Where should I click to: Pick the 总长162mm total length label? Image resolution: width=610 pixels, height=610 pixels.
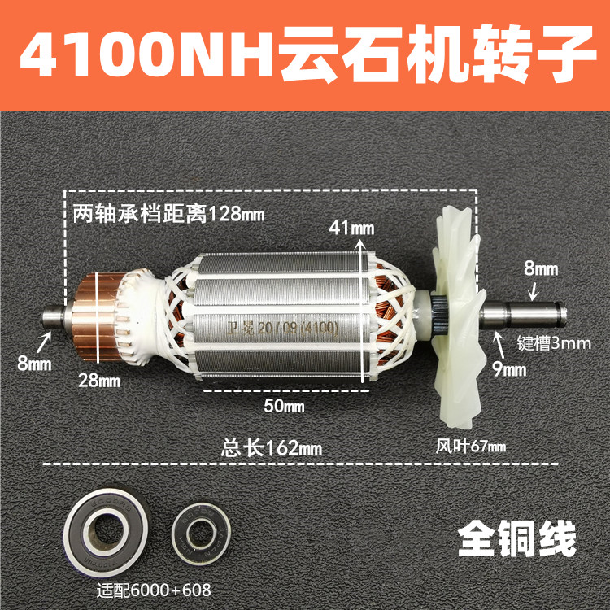(272, 447)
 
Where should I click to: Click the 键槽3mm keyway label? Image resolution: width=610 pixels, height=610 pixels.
(554, 342)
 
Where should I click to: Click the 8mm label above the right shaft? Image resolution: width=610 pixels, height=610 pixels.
(542, 267)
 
